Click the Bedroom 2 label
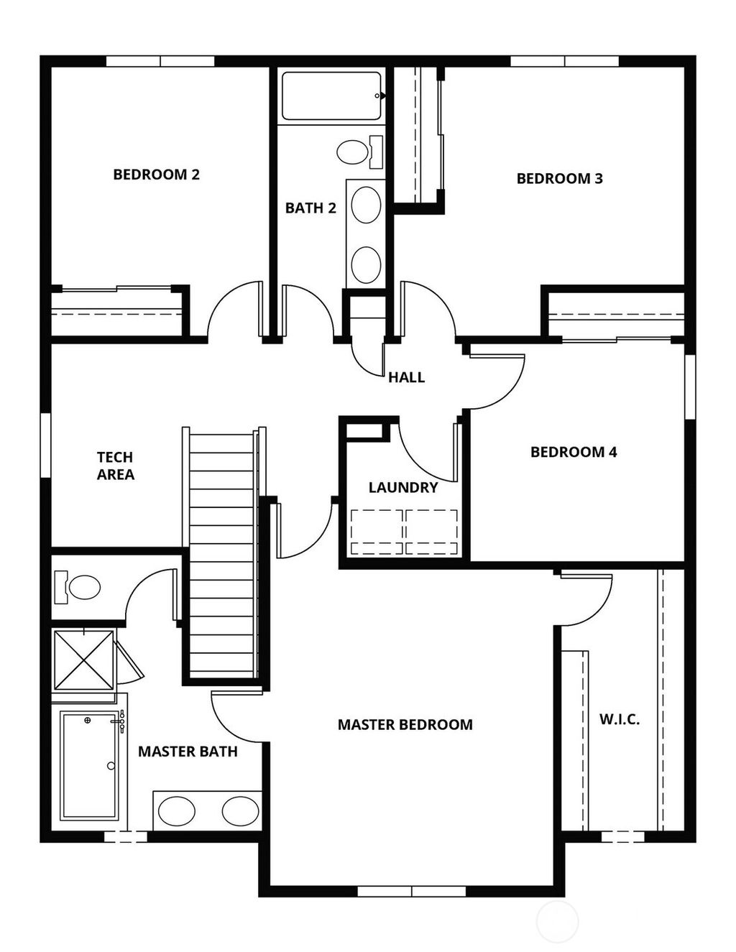click(156, 175)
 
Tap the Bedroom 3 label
click(559, 179)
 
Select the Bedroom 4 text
click(574, 452)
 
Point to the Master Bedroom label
click(405, 725)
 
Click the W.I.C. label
click(620, 719)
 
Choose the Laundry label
click(402, 488)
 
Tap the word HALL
click(406, 377)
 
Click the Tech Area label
click(115, 466)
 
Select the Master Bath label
click(188, 752)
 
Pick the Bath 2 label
click(310, 208)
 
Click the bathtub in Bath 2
click(331, 96)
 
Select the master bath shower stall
click(84, 658)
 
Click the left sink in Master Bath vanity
click(177, 811)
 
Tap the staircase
click(223, 553)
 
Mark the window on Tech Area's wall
click(45, 445)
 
